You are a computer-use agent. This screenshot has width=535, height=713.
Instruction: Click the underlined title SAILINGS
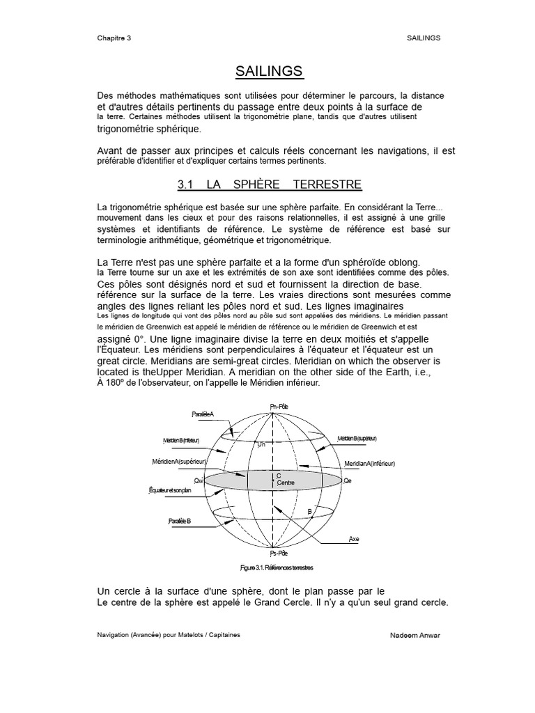(x=269, y=71)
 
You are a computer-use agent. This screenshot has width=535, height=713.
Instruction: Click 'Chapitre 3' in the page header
(x=114, y=38)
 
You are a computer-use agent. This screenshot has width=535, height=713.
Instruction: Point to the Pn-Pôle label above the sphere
(x=278, y=406)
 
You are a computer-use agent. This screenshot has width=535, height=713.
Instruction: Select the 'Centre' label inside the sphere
(x=285, y=483)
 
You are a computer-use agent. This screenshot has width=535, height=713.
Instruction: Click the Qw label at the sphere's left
(x=199, y=480)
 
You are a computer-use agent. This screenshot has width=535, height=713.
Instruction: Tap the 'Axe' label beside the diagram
(x=354, y=538)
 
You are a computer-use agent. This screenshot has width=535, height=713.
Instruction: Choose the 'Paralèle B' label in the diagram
(x=180, y=521)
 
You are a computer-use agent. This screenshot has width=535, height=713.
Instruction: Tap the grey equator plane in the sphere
(x=307, y=480)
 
